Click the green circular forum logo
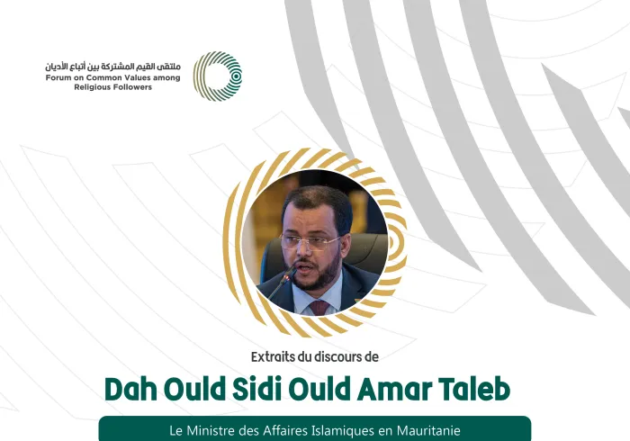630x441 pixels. click(218, 76)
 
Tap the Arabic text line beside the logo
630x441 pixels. click(113, 66)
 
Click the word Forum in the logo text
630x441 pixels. click(60, 78)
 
